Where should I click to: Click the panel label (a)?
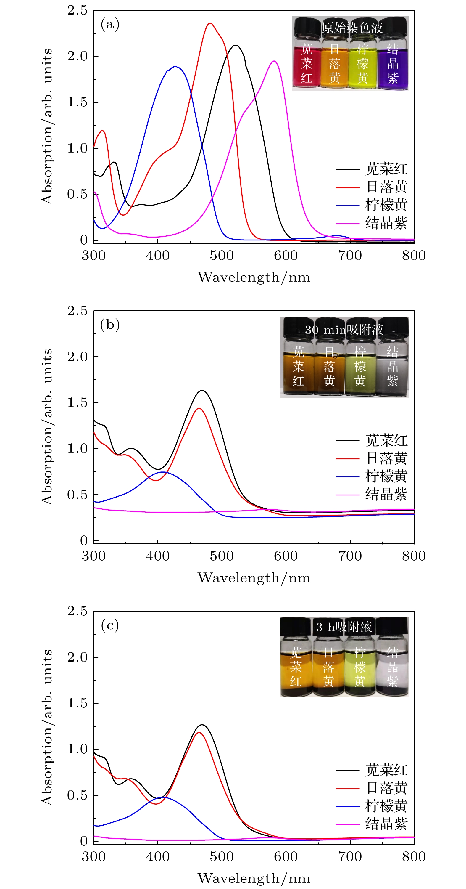point(110,25)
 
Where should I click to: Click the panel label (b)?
point(110,325)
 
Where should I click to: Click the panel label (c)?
point(110,625)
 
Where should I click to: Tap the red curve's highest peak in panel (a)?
point(210,23)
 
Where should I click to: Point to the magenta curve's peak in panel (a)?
point(274,61)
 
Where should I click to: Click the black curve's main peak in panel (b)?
point(202,391)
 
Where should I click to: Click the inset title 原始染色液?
point(352,28)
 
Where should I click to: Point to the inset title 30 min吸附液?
point(344,330)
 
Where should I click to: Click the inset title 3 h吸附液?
point(344,627)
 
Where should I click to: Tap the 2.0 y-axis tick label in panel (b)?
point(77,357)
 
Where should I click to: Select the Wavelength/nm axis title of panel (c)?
point(254,878)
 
